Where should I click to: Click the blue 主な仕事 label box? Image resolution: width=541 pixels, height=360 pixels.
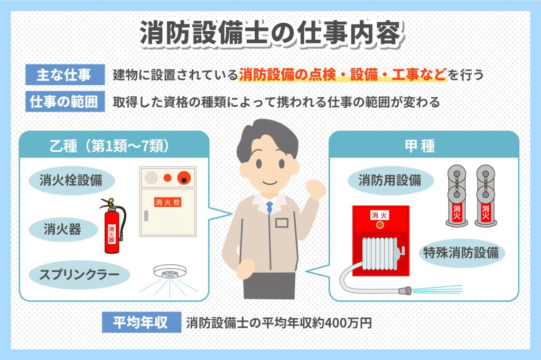tap(65, 75)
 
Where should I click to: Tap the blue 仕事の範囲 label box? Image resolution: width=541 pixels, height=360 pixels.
tap(65, 101)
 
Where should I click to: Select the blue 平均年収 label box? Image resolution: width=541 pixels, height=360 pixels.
tap(142, 322)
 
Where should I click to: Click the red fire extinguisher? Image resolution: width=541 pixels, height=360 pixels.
tap(113, 226)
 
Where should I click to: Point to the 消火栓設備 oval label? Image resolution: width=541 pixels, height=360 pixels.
tap(71, 180)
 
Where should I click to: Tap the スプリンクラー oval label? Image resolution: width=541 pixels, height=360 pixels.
tap(79, 274)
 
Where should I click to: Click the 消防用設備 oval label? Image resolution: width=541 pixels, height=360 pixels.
tap(390, 180)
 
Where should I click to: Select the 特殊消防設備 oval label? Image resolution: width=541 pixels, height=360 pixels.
tap(461, 253)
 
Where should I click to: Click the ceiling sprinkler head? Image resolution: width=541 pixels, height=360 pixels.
tap(170, 272)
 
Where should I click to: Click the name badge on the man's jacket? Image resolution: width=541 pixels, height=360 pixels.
tap(282, 223)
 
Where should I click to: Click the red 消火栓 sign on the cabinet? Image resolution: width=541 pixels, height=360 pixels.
tap(167, 202)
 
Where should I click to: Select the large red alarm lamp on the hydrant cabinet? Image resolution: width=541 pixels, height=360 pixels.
tap(184, 178)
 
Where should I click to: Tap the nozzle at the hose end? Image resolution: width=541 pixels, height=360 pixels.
tap(405, 290)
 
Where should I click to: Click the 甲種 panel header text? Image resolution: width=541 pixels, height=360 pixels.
tap(420, 146)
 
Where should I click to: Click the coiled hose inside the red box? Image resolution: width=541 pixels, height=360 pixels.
tap(382, 254)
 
